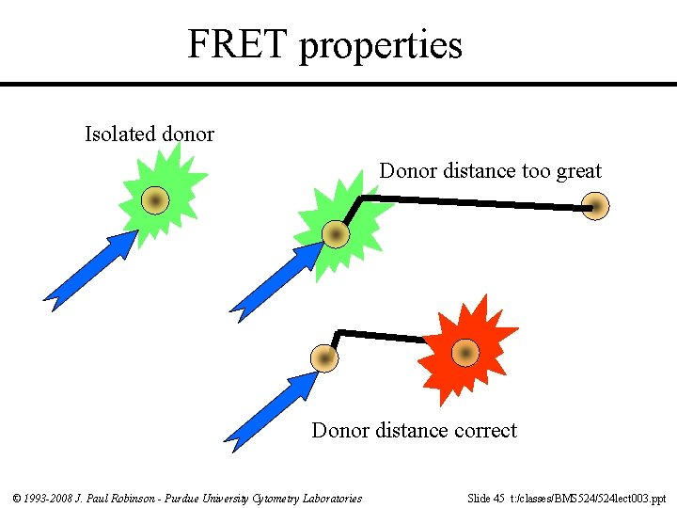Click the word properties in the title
tap(381, 46)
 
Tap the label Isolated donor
tap(150, 135)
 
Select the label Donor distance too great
tap(490, 171)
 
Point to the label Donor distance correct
tap(414, 431)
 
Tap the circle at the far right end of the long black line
tap(595, 206)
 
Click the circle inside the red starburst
tap(465, 353)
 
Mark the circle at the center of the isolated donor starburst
tap(156, 199)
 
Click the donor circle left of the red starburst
tap(324, 358)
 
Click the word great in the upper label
tap(579, 171)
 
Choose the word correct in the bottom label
tap(485, 431)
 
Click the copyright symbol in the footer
tap(17, 498)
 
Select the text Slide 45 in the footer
tap(485, 498)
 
